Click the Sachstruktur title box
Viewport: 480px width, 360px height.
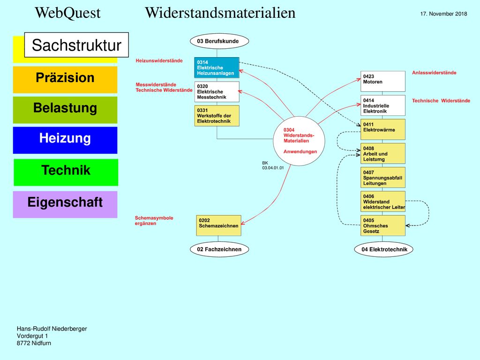pyautogui.click(x=76, y=45)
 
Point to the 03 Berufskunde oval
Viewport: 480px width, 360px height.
pyautogui.click(x=219, y=41)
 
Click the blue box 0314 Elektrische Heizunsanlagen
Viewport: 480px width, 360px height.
pyautogui.click(x=217, y=67)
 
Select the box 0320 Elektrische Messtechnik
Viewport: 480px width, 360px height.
pyautogui.click(x=217, y=91)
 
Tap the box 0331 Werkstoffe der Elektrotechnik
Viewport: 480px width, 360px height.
pyautogui.click(x=217, y=116)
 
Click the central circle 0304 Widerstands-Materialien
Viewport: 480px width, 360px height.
pyautogui.click(x=299, y=141)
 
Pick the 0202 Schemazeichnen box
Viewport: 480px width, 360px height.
pyautogui.click(x=218, y=225)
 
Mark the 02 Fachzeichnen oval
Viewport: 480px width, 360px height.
pyautogui.click(x=219, y=249)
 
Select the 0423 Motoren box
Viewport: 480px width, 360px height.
pyautogui.click(x=383, y=82)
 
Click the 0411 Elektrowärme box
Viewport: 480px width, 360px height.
pyautogui.click(x=383, y=129)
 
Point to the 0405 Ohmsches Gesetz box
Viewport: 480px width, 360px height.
pyautogui.click(x=383, y=225)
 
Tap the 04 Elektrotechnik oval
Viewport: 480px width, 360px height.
pyautogui.click(x=383, y=249)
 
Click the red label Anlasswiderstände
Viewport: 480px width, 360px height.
pyautogui.click(x=434, y=73)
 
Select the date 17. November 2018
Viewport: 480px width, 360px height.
pyautogui.click(x=443, y=14)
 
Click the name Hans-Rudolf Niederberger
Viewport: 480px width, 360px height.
pyautogui.click(x=52, y=329)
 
